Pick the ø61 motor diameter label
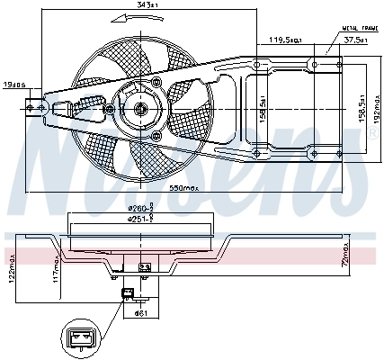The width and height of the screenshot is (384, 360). tap(140, 312)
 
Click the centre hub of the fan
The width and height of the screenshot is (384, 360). tap(140, 110)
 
